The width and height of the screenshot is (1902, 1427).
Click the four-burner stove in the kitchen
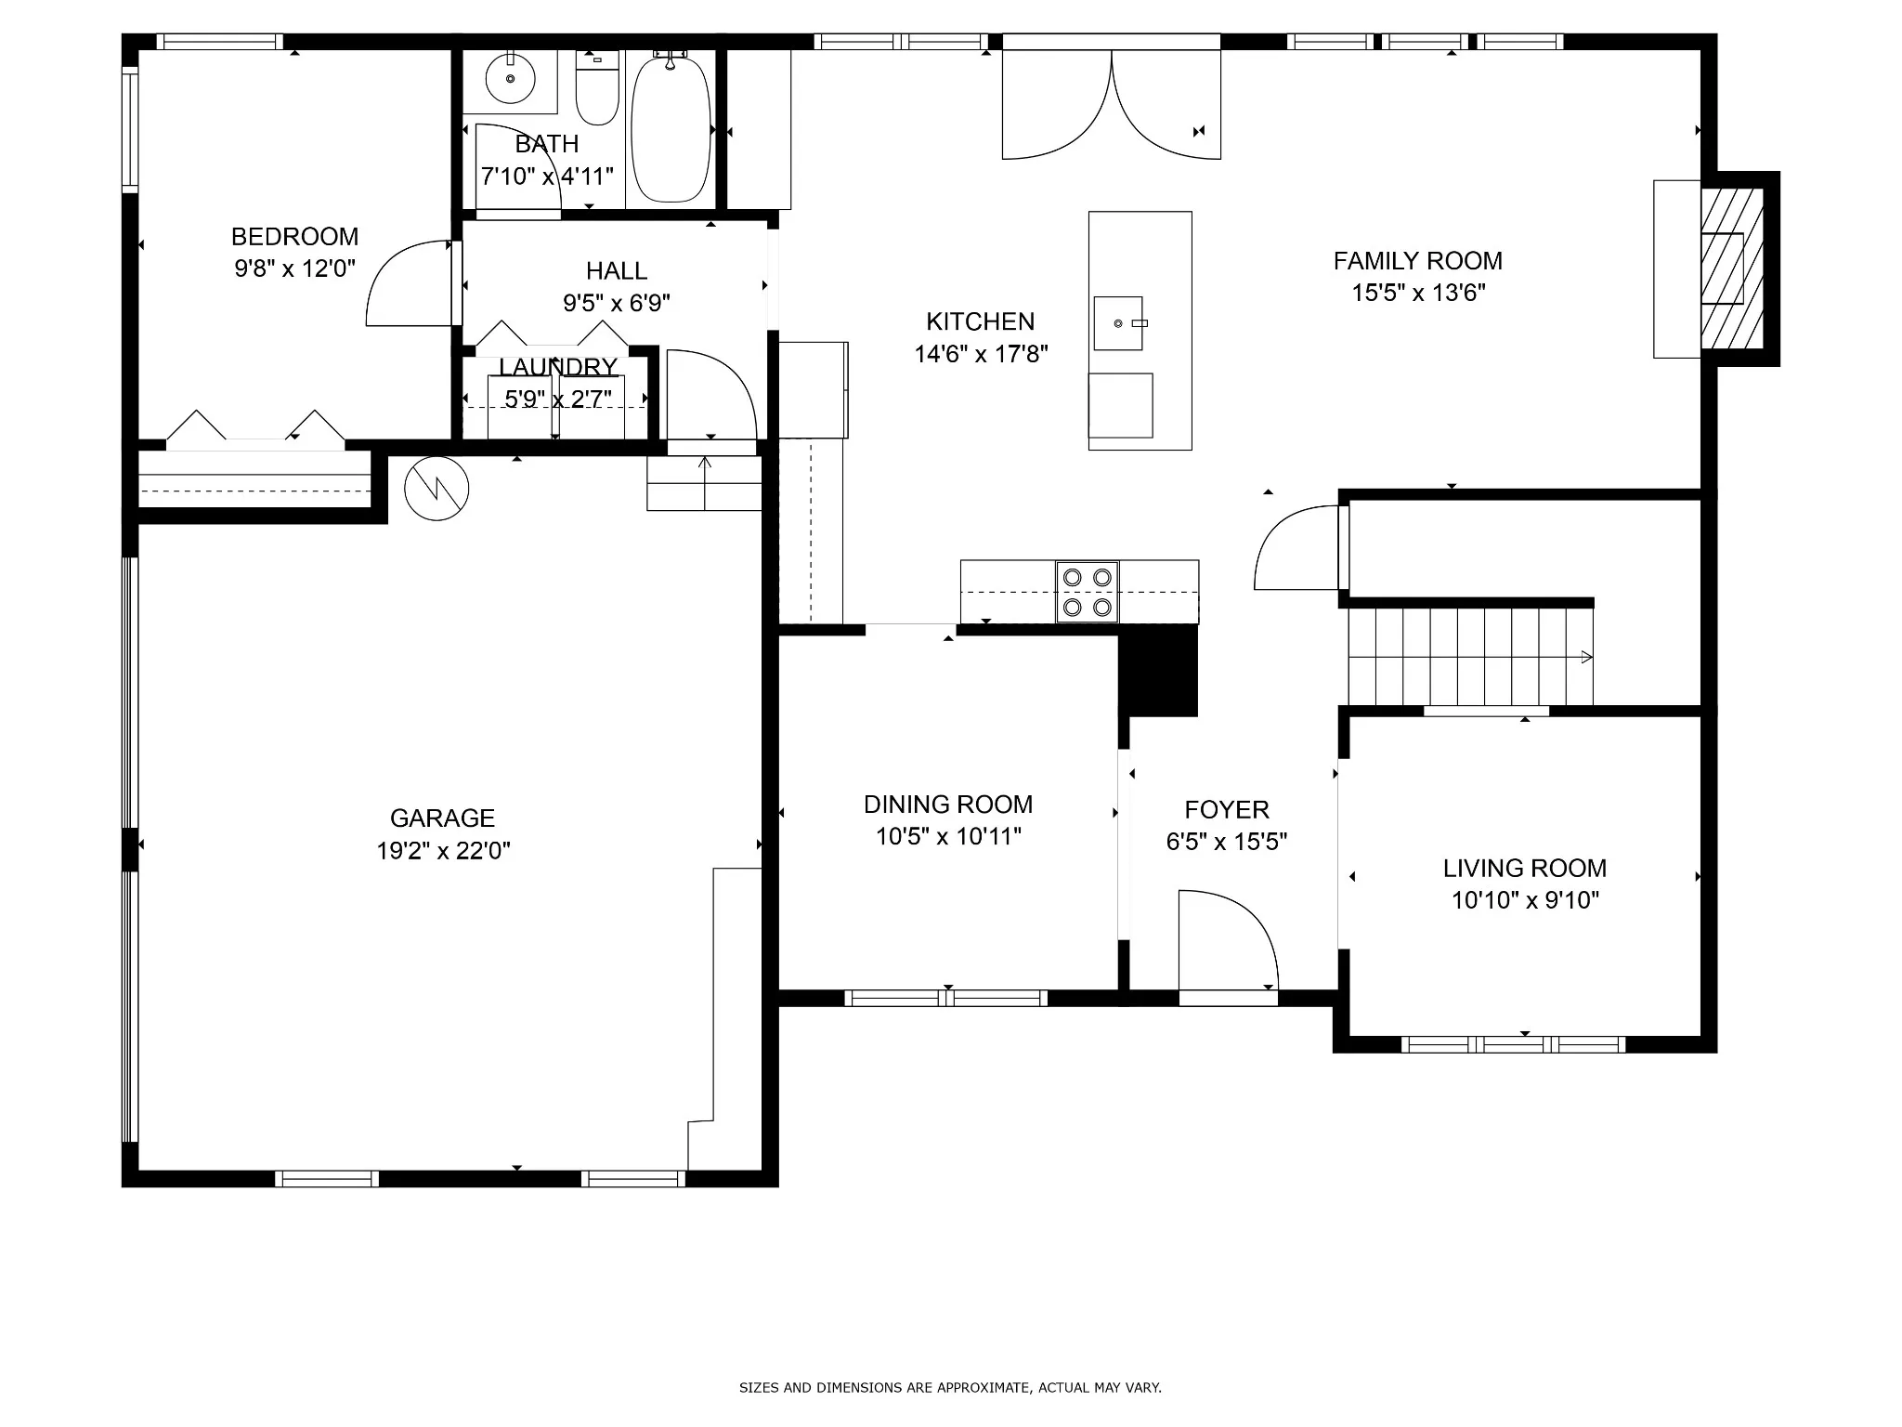(1088, 592)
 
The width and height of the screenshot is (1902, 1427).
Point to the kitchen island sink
(1119, 323)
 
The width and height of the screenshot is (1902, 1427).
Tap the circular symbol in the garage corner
(436, 488)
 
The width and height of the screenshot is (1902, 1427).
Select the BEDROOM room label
(294, 237)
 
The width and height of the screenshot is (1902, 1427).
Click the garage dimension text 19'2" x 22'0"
(443, 851)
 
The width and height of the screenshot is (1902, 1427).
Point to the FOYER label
(1227, 810)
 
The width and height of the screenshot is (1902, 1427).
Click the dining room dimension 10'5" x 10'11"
(948, 837)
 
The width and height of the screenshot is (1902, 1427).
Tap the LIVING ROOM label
(1525, 869)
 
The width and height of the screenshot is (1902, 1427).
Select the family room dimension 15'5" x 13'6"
(1418, 294)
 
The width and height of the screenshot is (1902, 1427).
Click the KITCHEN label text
(981, 322)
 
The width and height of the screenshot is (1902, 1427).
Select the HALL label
(617, 271)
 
